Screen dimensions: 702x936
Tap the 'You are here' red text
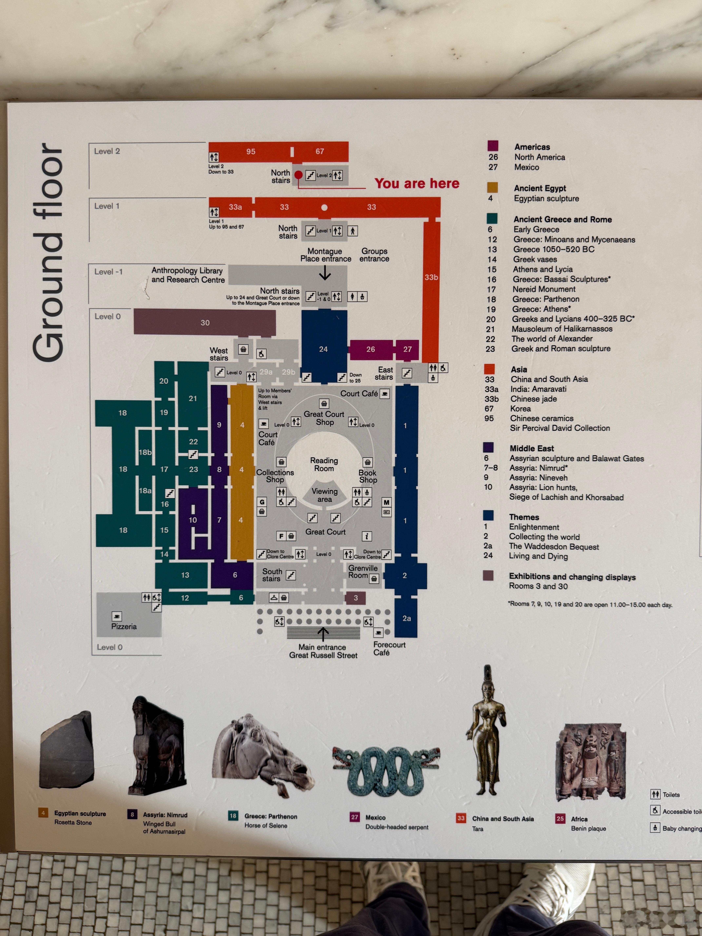pyautogui.click(x=417, y=183)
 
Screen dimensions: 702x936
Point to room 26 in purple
pyautogui.click(x=371, y=349)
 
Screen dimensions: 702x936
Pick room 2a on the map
pyautogui.click(x=406, y=618)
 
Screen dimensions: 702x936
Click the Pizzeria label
pyautogui.click(x=124, y=626)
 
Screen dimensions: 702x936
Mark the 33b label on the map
pyautogui.click(x=431, y=277)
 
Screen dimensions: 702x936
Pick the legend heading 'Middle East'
pyautogui.click(x=531, y=448)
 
